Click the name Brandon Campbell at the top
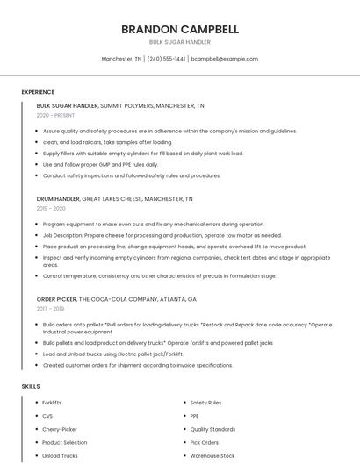coord(180,29)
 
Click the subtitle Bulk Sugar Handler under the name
coord(180,42)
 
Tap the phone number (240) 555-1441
coord(166,59)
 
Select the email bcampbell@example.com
coord(225,59)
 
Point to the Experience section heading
coord(38,92)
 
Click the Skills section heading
coord(31,386)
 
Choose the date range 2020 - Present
coord(55,115)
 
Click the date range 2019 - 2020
coord(51,208)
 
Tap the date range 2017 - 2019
coord(50,309)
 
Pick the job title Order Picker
coord(56,299)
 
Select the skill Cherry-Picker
coord(59,429)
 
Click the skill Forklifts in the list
coord(52,403)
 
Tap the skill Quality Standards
coord(212,429)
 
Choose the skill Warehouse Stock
coord(212,456)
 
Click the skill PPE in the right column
coord(194,416)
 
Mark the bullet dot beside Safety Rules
coord(184,403)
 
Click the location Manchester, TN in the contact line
coord(121,59)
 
